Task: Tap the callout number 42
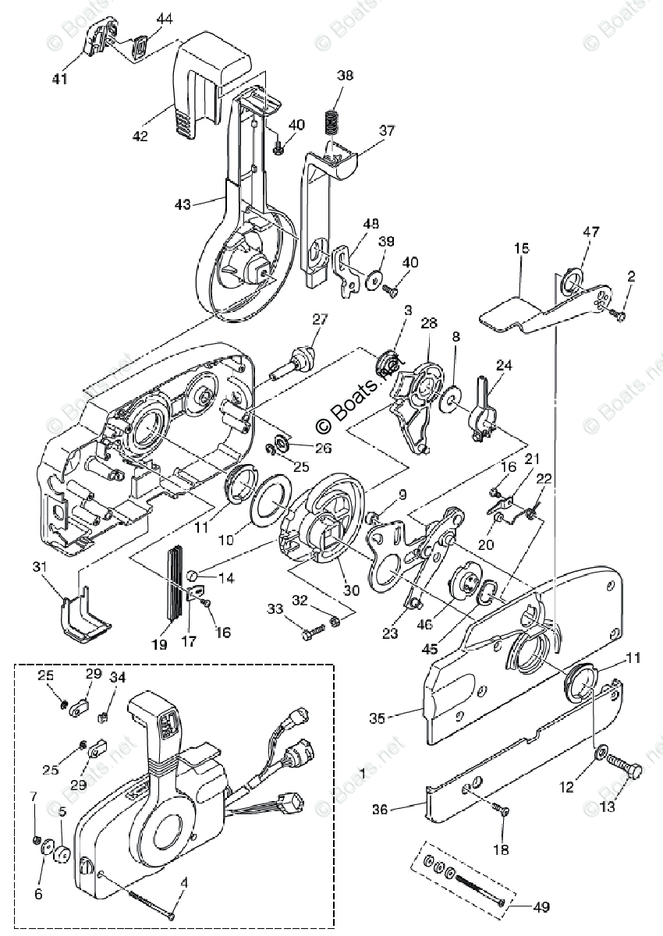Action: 140,136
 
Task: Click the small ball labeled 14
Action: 192,576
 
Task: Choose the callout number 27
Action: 319,318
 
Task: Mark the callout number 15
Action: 521,249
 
